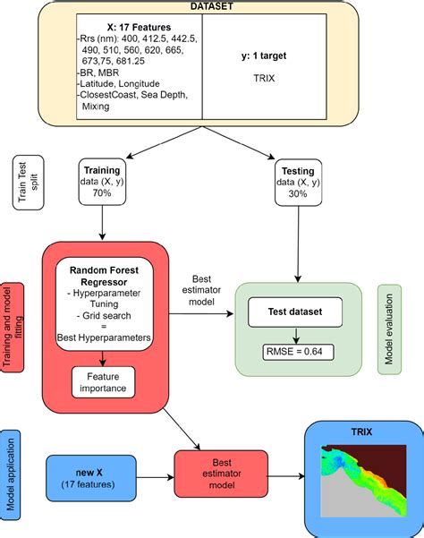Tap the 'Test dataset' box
[295, 313]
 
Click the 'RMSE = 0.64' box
[296, 350]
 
